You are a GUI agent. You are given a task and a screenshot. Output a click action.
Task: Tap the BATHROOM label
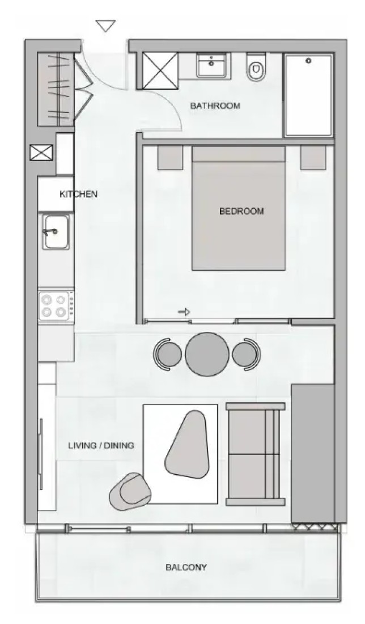[215, 106]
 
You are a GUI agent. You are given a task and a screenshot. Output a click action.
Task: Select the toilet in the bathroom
[256, 67]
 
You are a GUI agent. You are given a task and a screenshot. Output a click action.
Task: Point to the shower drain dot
[308, 61]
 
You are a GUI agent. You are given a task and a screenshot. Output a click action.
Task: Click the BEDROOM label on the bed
[241, 211]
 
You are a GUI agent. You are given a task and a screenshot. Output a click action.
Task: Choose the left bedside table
[170, 158]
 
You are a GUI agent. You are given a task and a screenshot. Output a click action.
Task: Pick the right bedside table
[313, 158]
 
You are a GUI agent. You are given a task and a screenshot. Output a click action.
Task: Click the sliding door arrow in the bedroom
[184, 313]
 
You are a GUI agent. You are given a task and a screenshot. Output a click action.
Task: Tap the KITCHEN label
[78, 194]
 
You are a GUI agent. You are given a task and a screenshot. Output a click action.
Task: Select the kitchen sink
[56, 232]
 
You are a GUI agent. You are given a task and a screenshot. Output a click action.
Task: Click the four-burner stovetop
[56, 306]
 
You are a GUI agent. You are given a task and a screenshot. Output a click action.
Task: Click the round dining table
[207, 354]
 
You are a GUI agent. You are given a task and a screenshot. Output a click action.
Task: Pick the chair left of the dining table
[167, 354]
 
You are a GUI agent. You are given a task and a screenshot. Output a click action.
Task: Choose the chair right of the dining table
[247, 354]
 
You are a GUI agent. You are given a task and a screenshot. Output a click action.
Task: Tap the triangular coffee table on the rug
[187, 444]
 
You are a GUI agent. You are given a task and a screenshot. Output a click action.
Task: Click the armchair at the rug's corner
[130, 491]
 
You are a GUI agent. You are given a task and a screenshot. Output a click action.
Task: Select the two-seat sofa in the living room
[255, 454]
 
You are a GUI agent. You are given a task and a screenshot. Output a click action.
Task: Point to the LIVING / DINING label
[101, 445]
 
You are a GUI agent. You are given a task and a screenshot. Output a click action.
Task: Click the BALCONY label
[186, 567]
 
